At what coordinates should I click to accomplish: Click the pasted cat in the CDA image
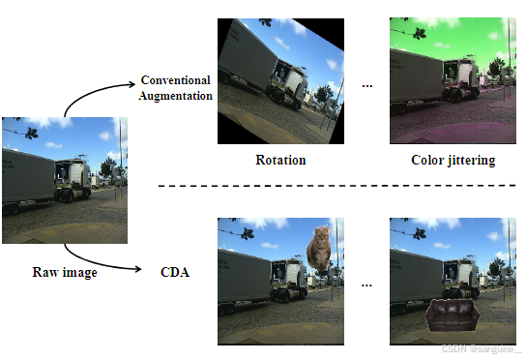pyautogui.click(x=320, y=248)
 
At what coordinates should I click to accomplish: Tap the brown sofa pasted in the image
pyautogui.click(x=451, y=316)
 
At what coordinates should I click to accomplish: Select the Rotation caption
pyautogui.click(x=280, y=160)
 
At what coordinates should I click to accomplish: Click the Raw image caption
pyautogui.click(x=64, y=272)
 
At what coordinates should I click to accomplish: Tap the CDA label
pyautogui.click(x=174, y=272)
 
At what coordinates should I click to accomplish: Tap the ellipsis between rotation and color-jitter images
pyautogui.click(x=367, y=85)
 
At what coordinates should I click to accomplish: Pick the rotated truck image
pyautogui.click(x=280, y=80)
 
